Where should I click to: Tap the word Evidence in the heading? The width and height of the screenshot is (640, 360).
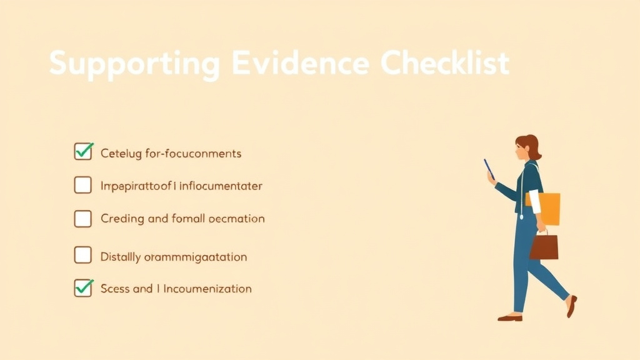click(299, 64)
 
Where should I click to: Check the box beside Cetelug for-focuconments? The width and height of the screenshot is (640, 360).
click(83, 152)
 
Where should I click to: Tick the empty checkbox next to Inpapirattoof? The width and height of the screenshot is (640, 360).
click(83, 185)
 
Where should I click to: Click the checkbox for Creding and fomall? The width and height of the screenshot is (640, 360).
click(83, 218)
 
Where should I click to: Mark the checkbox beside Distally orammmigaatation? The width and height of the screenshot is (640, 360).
click(83, 255)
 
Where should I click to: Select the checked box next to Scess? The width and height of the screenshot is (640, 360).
click(83, 288)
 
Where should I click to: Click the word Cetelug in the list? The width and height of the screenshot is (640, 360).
click(121, 154)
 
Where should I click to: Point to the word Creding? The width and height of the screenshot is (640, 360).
click(122, 219)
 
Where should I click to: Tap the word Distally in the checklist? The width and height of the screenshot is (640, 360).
click(119, 257)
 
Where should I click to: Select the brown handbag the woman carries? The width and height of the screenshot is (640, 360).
click(544, 246)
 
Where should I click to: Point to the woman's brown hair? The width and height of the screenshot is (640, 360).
click(531, 146)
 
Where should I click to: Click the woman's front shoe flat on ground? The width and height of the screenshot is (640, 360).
click(509, 317)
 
